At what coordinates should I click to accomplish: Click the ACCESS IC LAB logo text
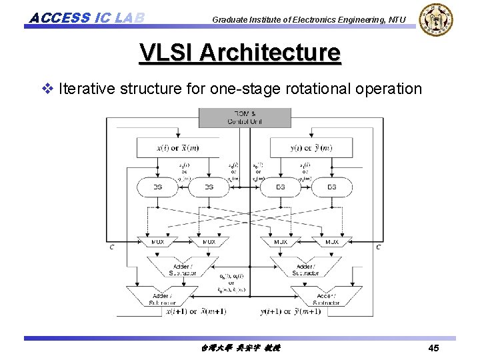pyautogui.click(x=86, y=17)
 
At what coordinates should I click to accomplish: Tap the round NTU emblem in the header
pyautogui.click(x=437, y=19)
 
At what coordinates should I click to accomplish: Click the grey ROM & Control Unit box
pyautogui.click(x=245, y=117)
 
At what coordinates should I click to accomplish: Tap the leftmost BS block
pyautogui.click(x=158, y=187)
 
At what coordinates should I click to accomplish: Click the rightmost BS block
pyautogui.click(x=331, y=187)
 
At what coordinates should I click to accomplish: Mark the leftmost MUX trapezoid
pyautogui.click(x=157, y=241)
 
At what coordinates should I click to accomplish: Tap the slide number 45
pyautogui.click(x=433, y=348)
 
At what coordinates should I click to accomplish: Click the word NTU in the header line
pyautogui.click(x=395, y=19)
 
